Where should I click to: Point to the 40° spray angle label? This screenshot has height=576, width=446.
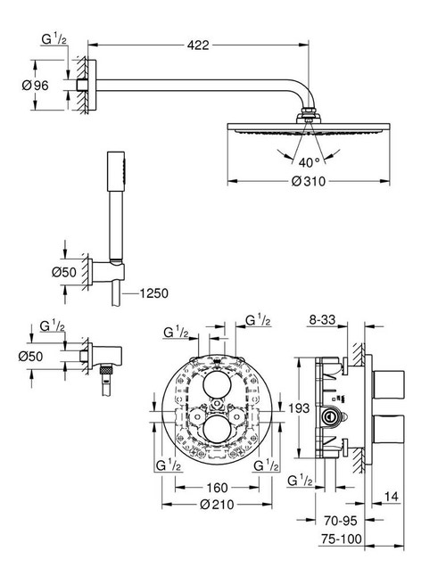(310, 161)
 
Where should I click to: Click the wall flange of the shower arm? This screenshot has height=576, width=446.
(86, 85)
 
